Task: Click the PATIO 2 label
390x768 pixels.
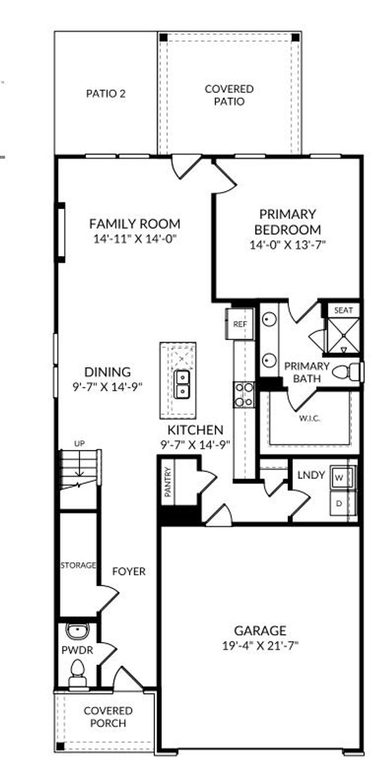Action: tap(105, 94)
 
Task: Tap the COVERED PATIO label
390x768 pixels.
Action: tap(229, 95)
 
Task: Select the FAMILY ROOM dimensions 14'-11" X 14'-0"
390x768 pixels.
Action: tap(136, 239)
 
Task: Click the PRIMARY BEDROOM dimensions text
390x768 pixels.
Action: tap(288, 245)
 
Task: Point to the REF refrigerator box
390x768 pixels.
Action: tap(240, 324)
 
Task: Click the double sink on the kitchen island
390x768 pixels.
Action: tap(182, 384)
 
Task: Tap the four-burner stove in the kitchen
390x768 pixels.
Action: tap(244, 394)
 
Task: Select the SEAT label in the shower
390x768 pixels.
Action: tap(343, 310)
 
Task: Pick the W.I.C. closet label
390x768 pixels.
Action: tap(309, 418)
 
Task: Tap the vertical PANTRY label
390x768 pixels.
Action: tap(168, 482)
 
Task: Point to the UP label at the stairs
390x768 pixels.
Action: tap(79, 443)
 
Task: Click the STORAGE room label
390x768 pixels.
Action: tap(78, 565)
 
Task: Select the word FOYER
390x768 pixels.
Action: tap(129, 571)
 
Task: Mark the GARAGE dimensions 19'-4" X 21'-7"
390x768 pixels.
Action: tap(260, 646)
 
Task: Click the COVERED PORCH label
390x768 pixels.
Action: tap(108, 717)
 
